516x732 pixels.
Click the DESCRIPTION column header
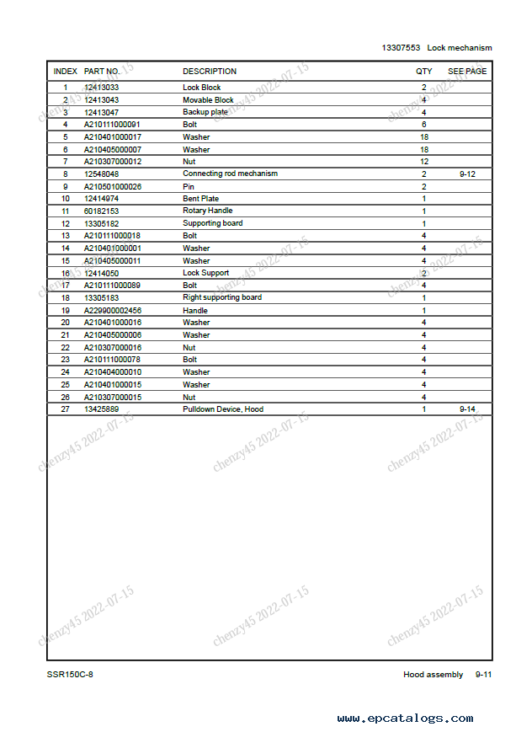pos(210,72)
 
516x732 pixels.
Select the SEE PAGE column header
pos(467,72)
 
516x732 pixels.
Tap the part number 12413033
pos(101,88)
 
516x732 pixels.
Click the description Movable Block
pos(208,100)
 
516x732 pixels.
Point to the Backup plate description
pos(205,112)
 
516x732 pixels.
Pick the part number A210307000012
pos(112,162)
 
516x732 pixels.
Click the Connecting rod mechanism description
pos(230,174)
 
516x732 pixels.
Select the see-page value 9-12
pos(468,174)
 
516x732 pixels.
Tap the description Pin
pos(189,186)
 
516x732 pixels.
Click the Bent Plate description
pos(200,199)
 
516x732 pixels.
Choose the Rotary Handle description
pos(208,211)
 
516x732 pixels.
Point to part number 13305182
pos(101,223)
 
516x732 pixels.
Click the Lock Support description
pos(205,273)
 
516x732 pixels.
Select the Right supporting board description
pos(222,297)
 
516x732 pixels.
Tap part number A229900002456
pos(112,310)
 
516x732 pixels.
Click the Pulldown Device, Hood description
pos(223,409)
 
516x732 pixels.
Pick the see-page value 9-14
pos(468,409)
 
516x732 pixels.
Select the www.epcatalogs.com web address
pos(405,719)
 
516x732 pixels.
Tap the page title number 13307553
pos(401,48)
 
